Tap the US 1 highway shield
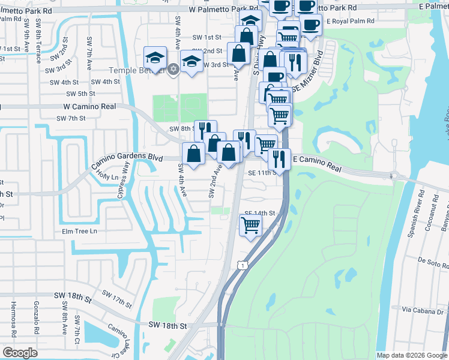tap(241, 265)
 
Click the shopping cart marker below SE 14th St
tap(250, 226)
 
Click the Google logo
tap(20, 353)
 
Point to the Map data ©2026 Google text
tap(411, 355)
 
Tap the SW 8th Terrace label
tap(38, 49)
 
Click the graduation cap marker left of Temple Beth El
tap(155, 58)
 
